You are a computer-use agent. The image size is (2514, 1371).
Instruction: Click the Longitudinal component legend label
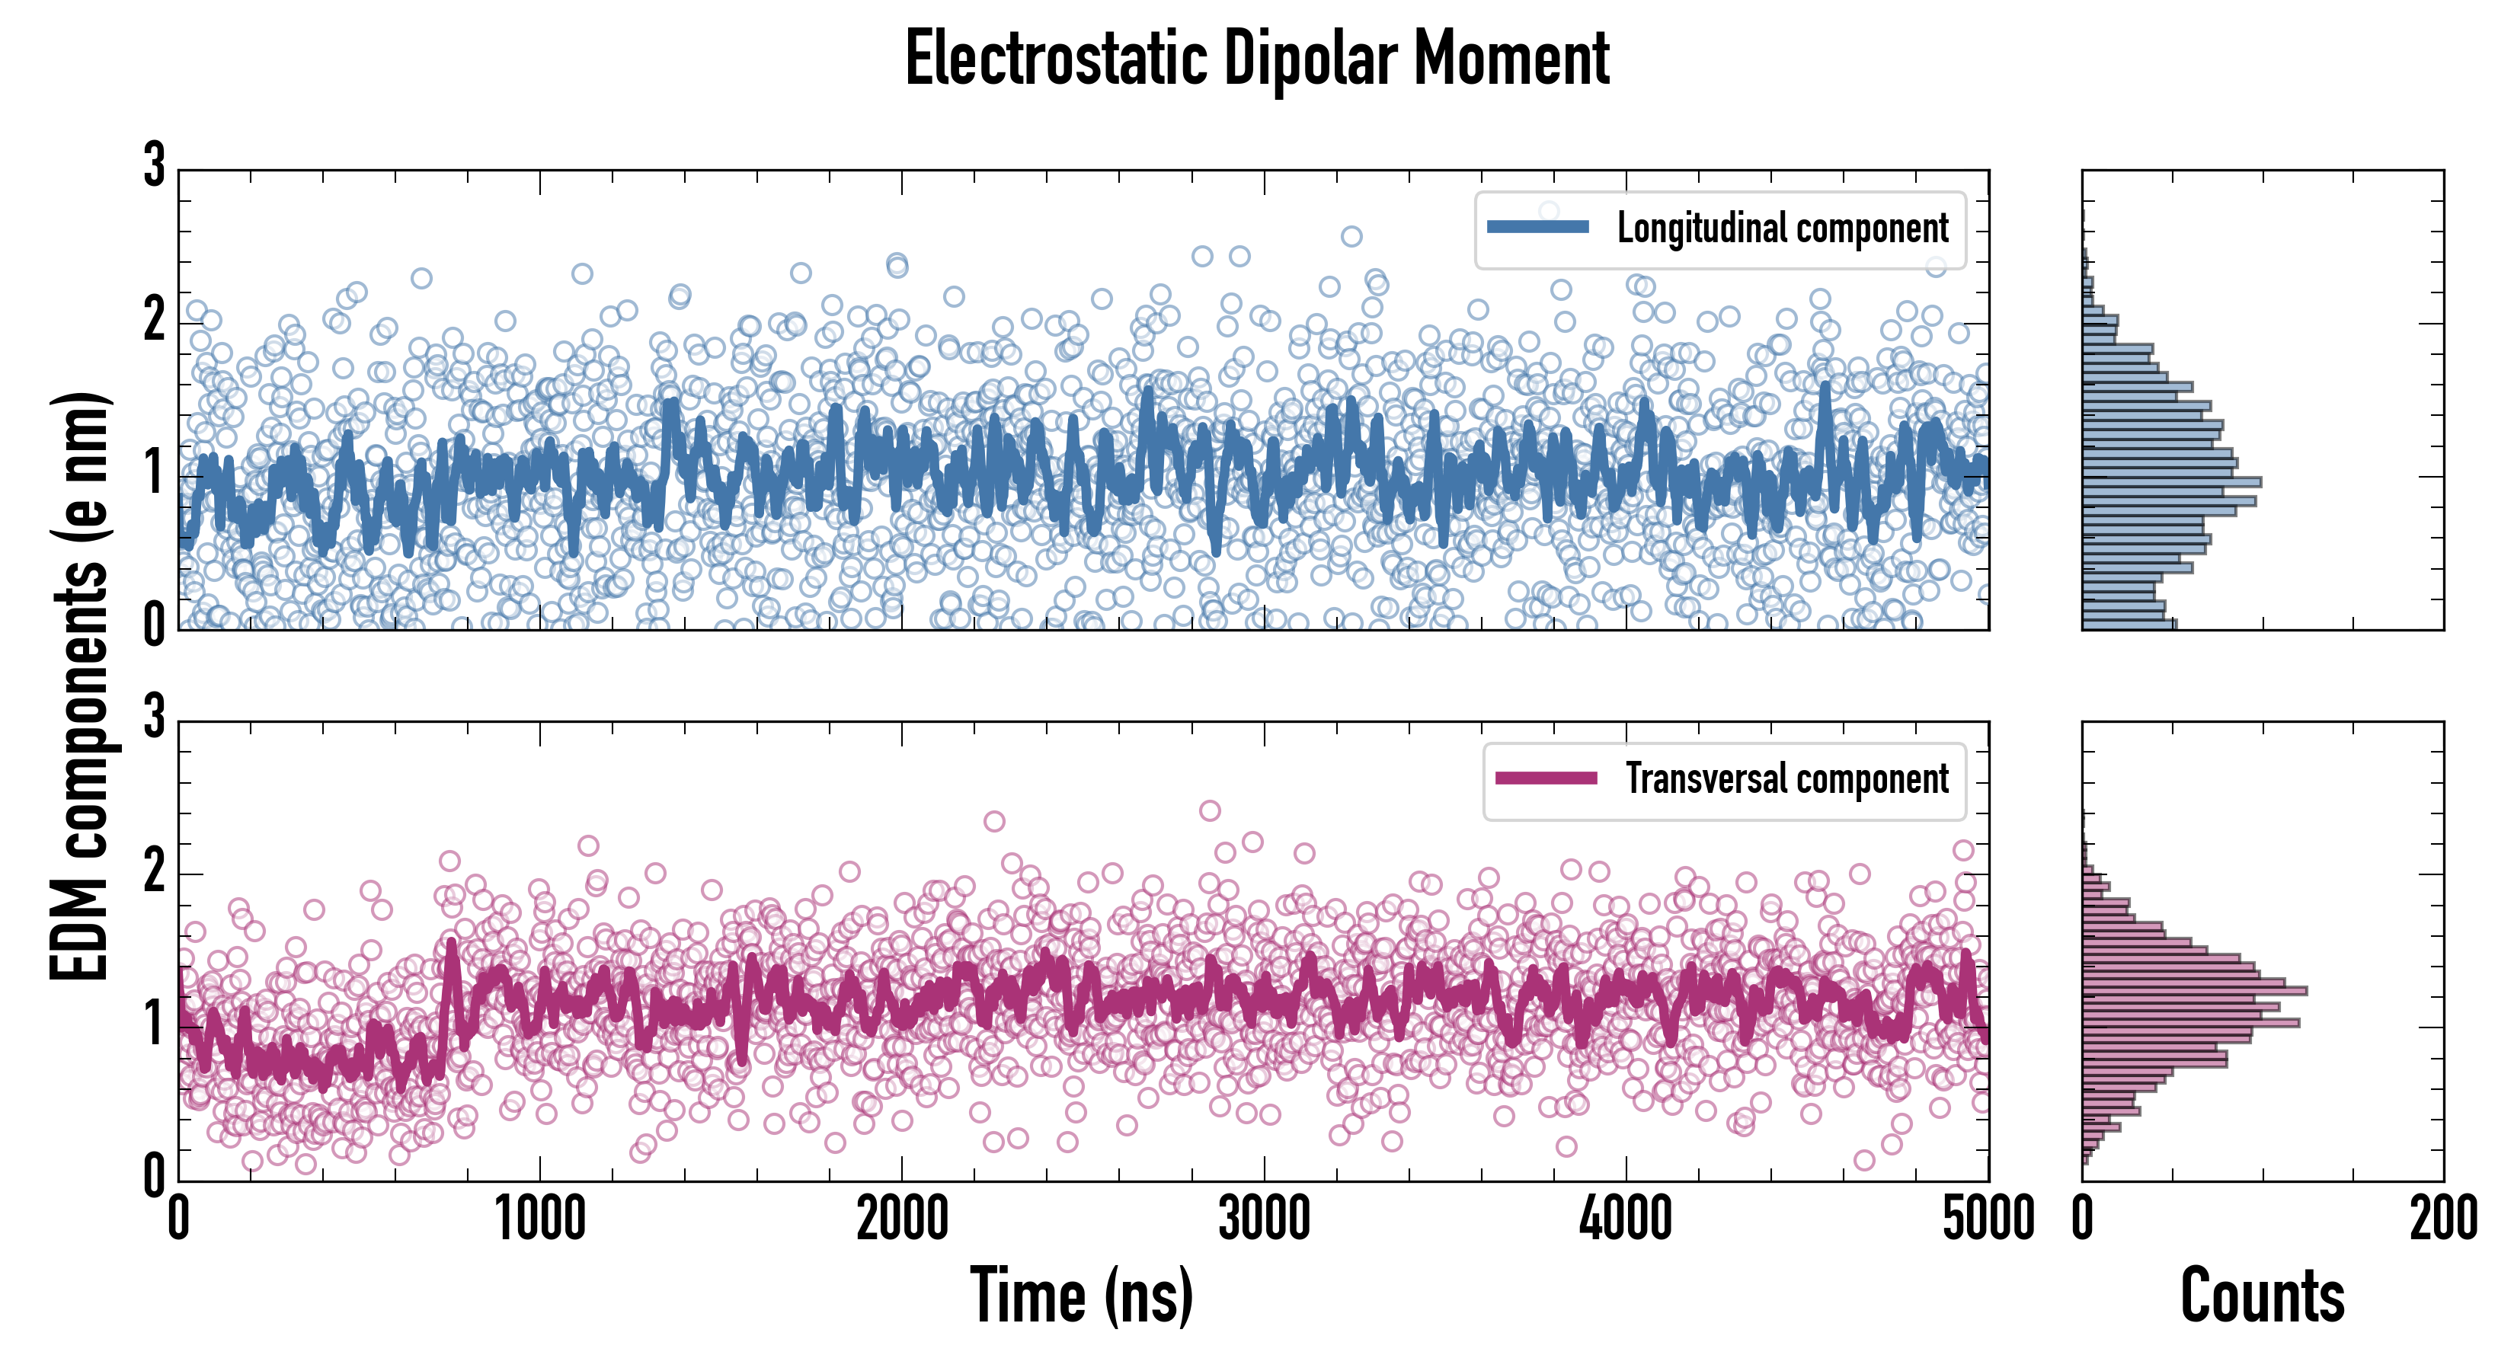coord(1782,228)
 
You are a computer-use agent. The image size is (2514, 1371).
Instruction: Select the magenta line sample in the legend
coord(1546,778)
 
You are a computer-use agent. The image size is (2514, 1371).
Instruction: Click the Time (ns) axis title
coord(1081,1296)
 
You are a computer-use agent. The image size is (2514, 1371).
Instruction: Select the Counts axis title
coord(2262,1296)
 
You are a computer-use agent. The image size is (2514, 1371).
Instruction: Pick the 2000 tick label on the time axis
coord(902,1219)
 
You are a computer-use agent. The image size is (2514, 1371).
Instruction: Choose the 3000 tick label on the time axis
coord(1264,1219)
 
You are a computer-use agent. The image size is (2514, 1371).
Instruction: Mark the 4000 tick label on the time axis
coord(1626,1219)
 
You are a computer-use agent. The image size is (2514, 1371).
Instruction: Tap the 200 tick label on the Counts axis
coord(2442,1219)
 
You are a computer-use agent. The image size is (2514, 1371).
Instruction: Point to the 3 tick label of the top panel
coord(154,166)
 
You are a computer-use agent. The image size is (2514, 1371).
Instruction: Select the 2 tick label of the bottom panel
coord(154,871)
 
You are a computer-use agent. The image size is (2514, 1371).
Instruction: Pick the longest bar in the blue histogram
coord(2171,482)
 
